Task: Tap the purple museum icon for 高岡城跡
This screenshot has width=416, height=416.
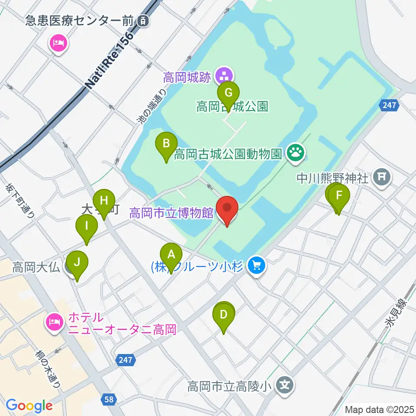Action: pos(224,76)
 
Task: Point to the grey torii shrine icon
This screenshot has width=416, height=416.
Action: pos(382,177)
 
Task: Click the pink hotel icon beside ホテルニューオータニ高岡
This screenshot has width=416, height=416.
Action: pos(55,322)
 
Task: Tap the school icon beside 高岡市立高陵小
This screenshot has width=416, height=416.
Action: pos(285,384)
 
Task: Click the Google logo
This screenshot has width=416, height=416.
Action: pos(29,406)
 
